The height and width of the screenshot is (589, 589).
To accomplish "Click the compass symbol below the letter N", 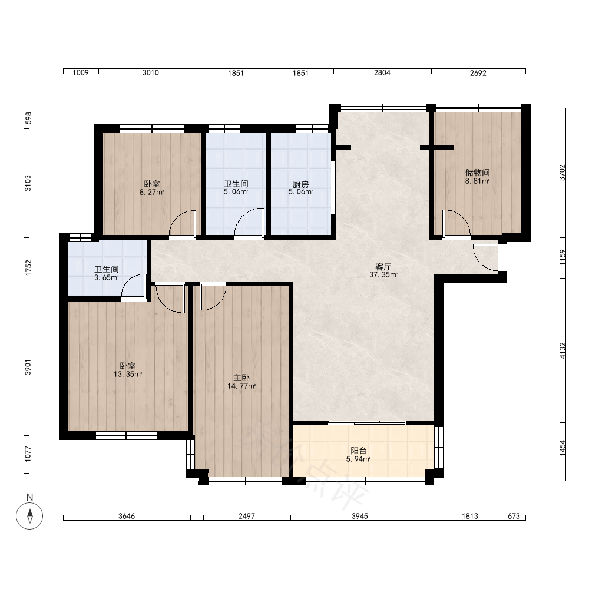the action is [29, 515].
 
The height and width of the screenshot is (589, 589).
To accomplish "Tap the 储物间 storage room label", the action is [478, 173].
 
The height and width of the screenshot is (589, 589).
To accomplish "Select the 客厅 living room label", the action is [383, 267].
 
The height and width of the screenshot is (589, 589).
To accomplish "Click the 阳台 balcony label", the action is [358, 451].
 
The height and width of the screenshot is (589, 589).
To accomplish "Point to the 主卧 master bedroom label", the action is [241, 378].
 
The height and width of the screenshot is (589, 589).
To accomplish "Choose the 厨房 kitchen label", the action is [301, 184].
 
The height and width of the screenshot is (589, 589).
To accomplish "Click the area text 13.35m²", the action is [128, 374].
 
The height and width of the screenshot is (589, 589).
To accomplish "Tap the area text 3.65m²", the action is [107, 277].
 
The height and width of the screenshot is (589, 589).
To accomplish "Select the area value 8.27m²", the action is [152, 193].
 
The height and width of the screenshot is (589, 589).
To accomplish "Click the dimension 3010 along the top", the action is [151, 73].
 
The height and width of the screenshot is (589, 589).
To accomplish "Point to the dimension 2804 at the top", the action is [382, 73].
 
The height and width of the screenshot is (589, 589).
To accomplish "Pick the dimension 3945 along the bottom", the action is [360, 516].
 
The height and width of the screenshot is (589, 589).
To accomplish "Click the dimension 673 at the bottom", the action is [514, 516].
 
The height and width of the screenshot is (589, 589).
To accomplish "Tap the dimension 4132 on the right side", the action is [562, 350].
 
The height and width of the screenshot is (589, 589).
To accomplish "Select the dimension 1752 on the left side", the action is [28, 268].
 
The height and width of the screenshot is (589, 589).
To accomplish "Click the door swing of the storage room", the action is [456, 223].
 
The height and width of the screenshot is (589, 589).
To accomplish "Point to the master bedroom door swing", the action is [213, 297].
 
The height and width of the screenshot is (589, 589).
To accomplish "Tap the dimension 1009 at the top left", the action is [81, 73].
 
